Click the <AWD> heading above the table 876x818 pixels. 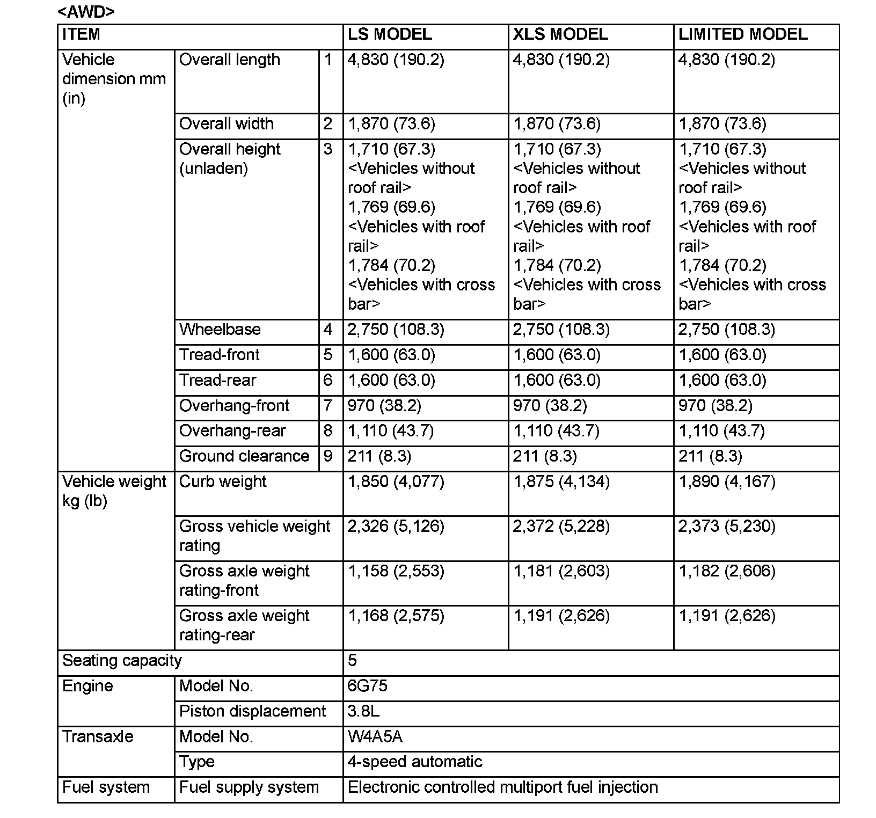(x=86, y=12)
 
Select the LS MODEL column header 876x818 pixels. (x=390, y=34)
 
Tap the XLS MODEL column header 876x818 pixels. (x=560, y=34)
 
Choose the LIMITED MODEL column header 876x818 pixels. (x=743, y=34)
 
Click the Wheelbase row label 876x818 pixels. (x=220, y=329)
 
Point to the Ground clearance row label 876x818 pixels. (x=244, y=456)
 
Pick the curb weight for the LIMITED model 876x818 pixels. (x=727, y=481)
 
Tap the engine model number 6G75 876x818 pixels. (x=368, y=686)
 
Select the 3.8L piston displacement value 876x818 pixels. (x=363, y=711)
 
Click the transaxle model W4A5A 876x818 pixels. (x=375, y=736)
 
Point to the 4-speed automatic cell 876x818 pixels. (x=415, y=762)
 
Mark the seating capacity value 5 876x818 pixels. (x=352, y=660)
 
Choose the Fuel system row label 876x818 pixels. (x=106, y=787)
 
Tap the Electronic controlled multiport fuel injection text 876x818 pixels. (x=502, y=787)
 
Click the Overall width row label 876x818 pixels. (x=227, y=124)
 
